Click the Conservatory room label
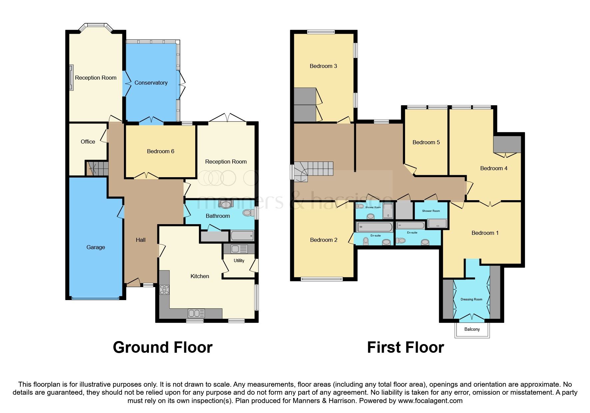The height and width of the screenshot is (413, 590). click(x=151, y=83)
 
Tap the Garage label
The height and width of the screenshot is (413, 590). click(x=96, y=247)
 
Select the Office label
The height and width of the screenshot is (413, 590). click(x=88, y=142)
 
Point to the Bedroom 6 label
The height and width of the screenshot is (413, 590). click(x=161, y=151)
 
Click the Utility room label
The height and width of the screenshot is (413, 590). click(x=239, y=260)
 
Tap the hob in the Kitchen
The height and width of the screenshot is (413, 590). click(x=164, y=289)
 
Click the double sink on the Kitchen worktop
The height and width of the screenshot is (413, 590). click(x=196, y=313)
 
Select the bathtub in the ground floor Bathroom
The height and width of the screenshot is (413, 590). click(x=242, y=236)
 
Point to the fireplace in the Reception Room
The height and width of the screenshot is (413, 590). click(x=71, y=78)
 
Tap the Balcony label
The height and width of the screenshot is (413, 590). click(x=472, y=329)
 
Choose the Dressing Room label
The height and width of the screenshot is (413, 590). click(x=471, y=299)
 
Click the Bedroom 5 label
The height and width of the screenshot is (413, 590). click(x=426, y=142)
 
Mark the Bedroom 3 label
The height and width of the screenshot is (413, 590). click(x=323, y=66)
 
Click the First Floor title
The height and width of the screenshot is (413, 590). click(x=405, y=347)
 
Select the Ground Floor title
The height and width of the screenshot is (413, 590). click(x=163, y=347)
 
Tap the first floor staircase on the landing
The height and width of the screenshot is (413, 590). click(x=313, y=172)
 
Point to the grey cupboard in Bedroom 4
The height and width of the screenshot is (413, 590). click(x=507, y=144)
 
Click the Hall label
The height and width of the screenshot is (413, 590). click(x=141, y=240)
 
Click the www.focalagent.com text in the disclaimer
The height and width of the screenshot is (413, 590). click(x=430, y=401)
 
